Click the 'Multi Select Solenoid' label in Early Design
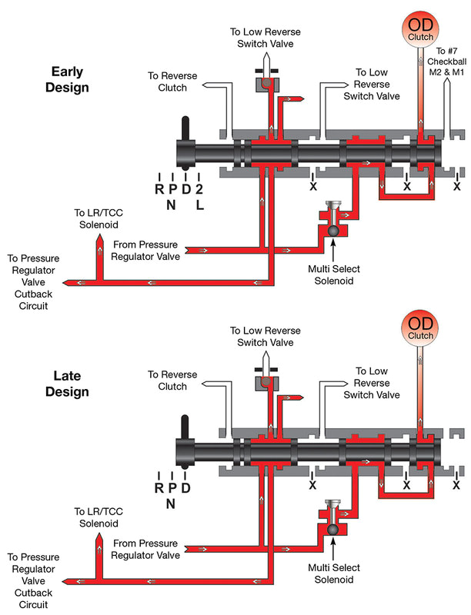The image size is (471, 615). point(332,275)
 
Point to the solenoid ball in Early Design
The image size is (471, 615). point(332,230)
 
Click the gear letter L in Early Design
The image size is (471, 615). point(199,207)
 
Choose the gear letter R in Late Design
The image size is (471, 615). point(159,487)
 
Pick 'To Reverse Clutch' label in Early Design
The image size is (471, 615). point(173,81)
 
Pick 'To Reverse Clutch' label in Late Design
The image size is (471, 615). point(173,381)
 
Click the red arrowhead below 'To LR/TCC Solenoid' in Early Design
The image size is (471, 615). point(99,241)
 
